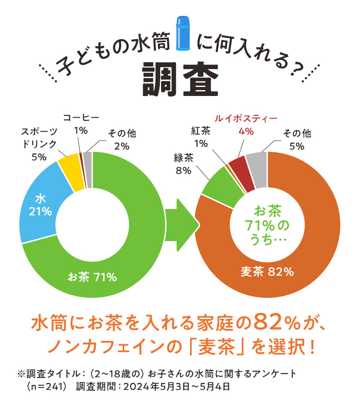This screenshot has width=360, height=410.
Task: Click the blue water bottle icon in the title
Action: (184, 32)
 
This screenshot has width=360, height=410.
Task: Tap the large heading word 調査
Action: (180, 79)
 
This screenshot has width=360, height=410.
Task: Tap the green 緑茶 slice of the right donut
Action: (218, 187)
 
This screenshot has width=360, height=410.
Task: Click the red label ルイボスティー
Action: (246, 119)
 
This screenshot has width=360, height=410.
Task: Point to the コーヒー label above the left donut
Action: (81, 118)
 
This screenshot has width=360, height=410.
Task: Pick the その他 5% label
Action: (297, 139)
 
